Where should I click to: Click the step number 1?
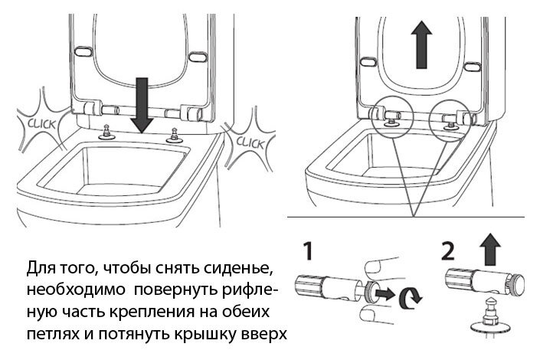tap(305, 251)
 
